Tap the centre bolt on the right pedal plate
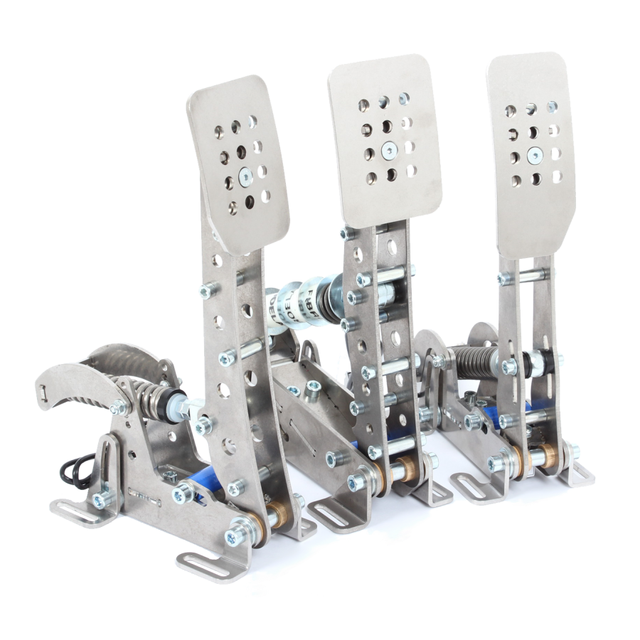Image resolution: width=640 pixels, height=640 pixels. click(x=533, y=152)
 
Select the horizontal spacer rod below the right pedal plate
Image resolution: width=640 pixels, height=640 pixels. click(x=526, y=272)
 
